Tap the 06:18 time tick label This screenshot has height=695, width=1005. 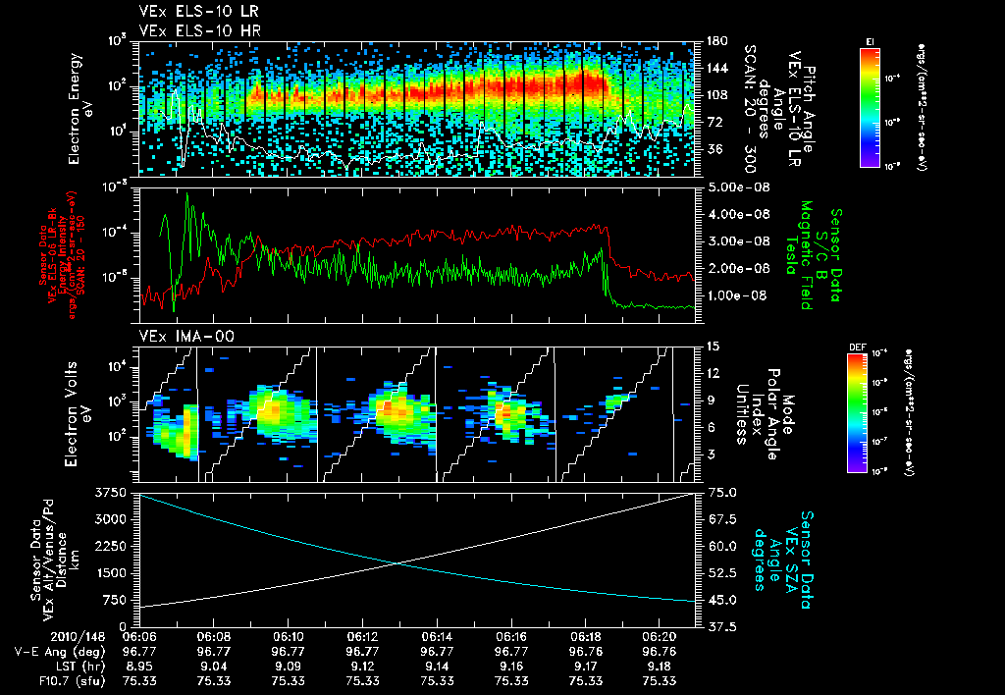586,637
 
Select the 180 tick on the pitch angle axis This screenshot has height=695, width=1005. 714,41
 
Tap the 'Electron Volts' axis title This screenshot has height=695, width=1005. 75,412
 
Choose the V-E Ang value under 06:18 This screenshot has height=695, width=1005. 586,651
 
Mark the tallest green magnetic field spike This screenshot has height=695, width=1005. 186,195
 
